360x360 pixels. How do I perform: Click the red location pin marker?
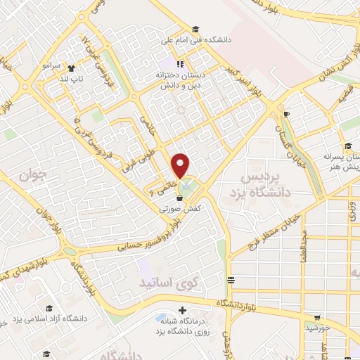[x=181, y=165]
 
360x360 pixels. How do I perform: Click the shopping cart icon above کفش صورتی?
[x=179, y=198]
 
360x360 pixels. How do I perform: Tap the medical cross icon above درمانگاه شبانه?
[x=183, y=310]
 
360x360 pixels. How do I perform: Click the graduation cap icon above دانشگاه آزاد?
[x=49, y=308]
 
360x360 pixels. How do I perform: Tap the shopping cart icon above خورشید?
[x=318, y=317]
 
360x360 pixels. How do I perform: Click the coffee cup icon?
[x=285, y=115]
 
